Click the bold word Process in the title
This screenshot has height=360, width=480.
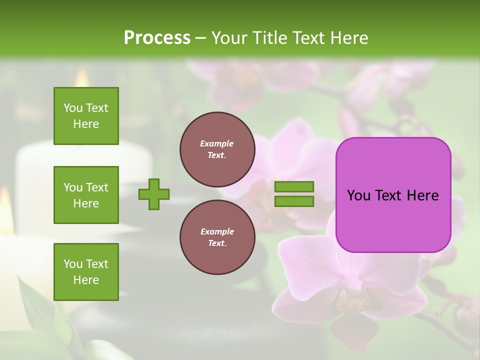pos(157,38)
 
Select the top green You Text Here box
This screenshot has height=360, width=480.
pos(86,116)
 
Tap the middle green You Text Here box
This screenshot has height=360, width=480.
pos(86,195)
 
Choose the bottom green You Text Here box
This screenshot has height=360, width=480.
pos(86,272)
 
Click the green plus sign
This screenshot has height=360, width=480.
pos(154,194)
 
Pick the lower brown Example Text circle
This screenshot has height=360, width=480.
pos(217,237)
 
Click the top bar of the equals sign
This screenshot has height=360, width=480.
pos(294,187)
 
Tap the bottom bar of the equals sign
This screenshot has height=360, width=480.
pos(294,201)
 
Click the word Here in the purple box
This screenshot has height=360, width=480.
pos(422,195)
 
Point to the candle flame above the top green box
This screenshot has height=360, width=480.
pos(81,78)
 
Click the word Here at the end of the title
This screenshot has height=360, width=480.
pos(350,38)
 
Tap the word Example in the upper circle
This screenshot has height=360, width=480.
pos(217,143)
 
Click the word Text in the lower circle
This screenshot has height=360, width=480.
pos(217,243)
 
